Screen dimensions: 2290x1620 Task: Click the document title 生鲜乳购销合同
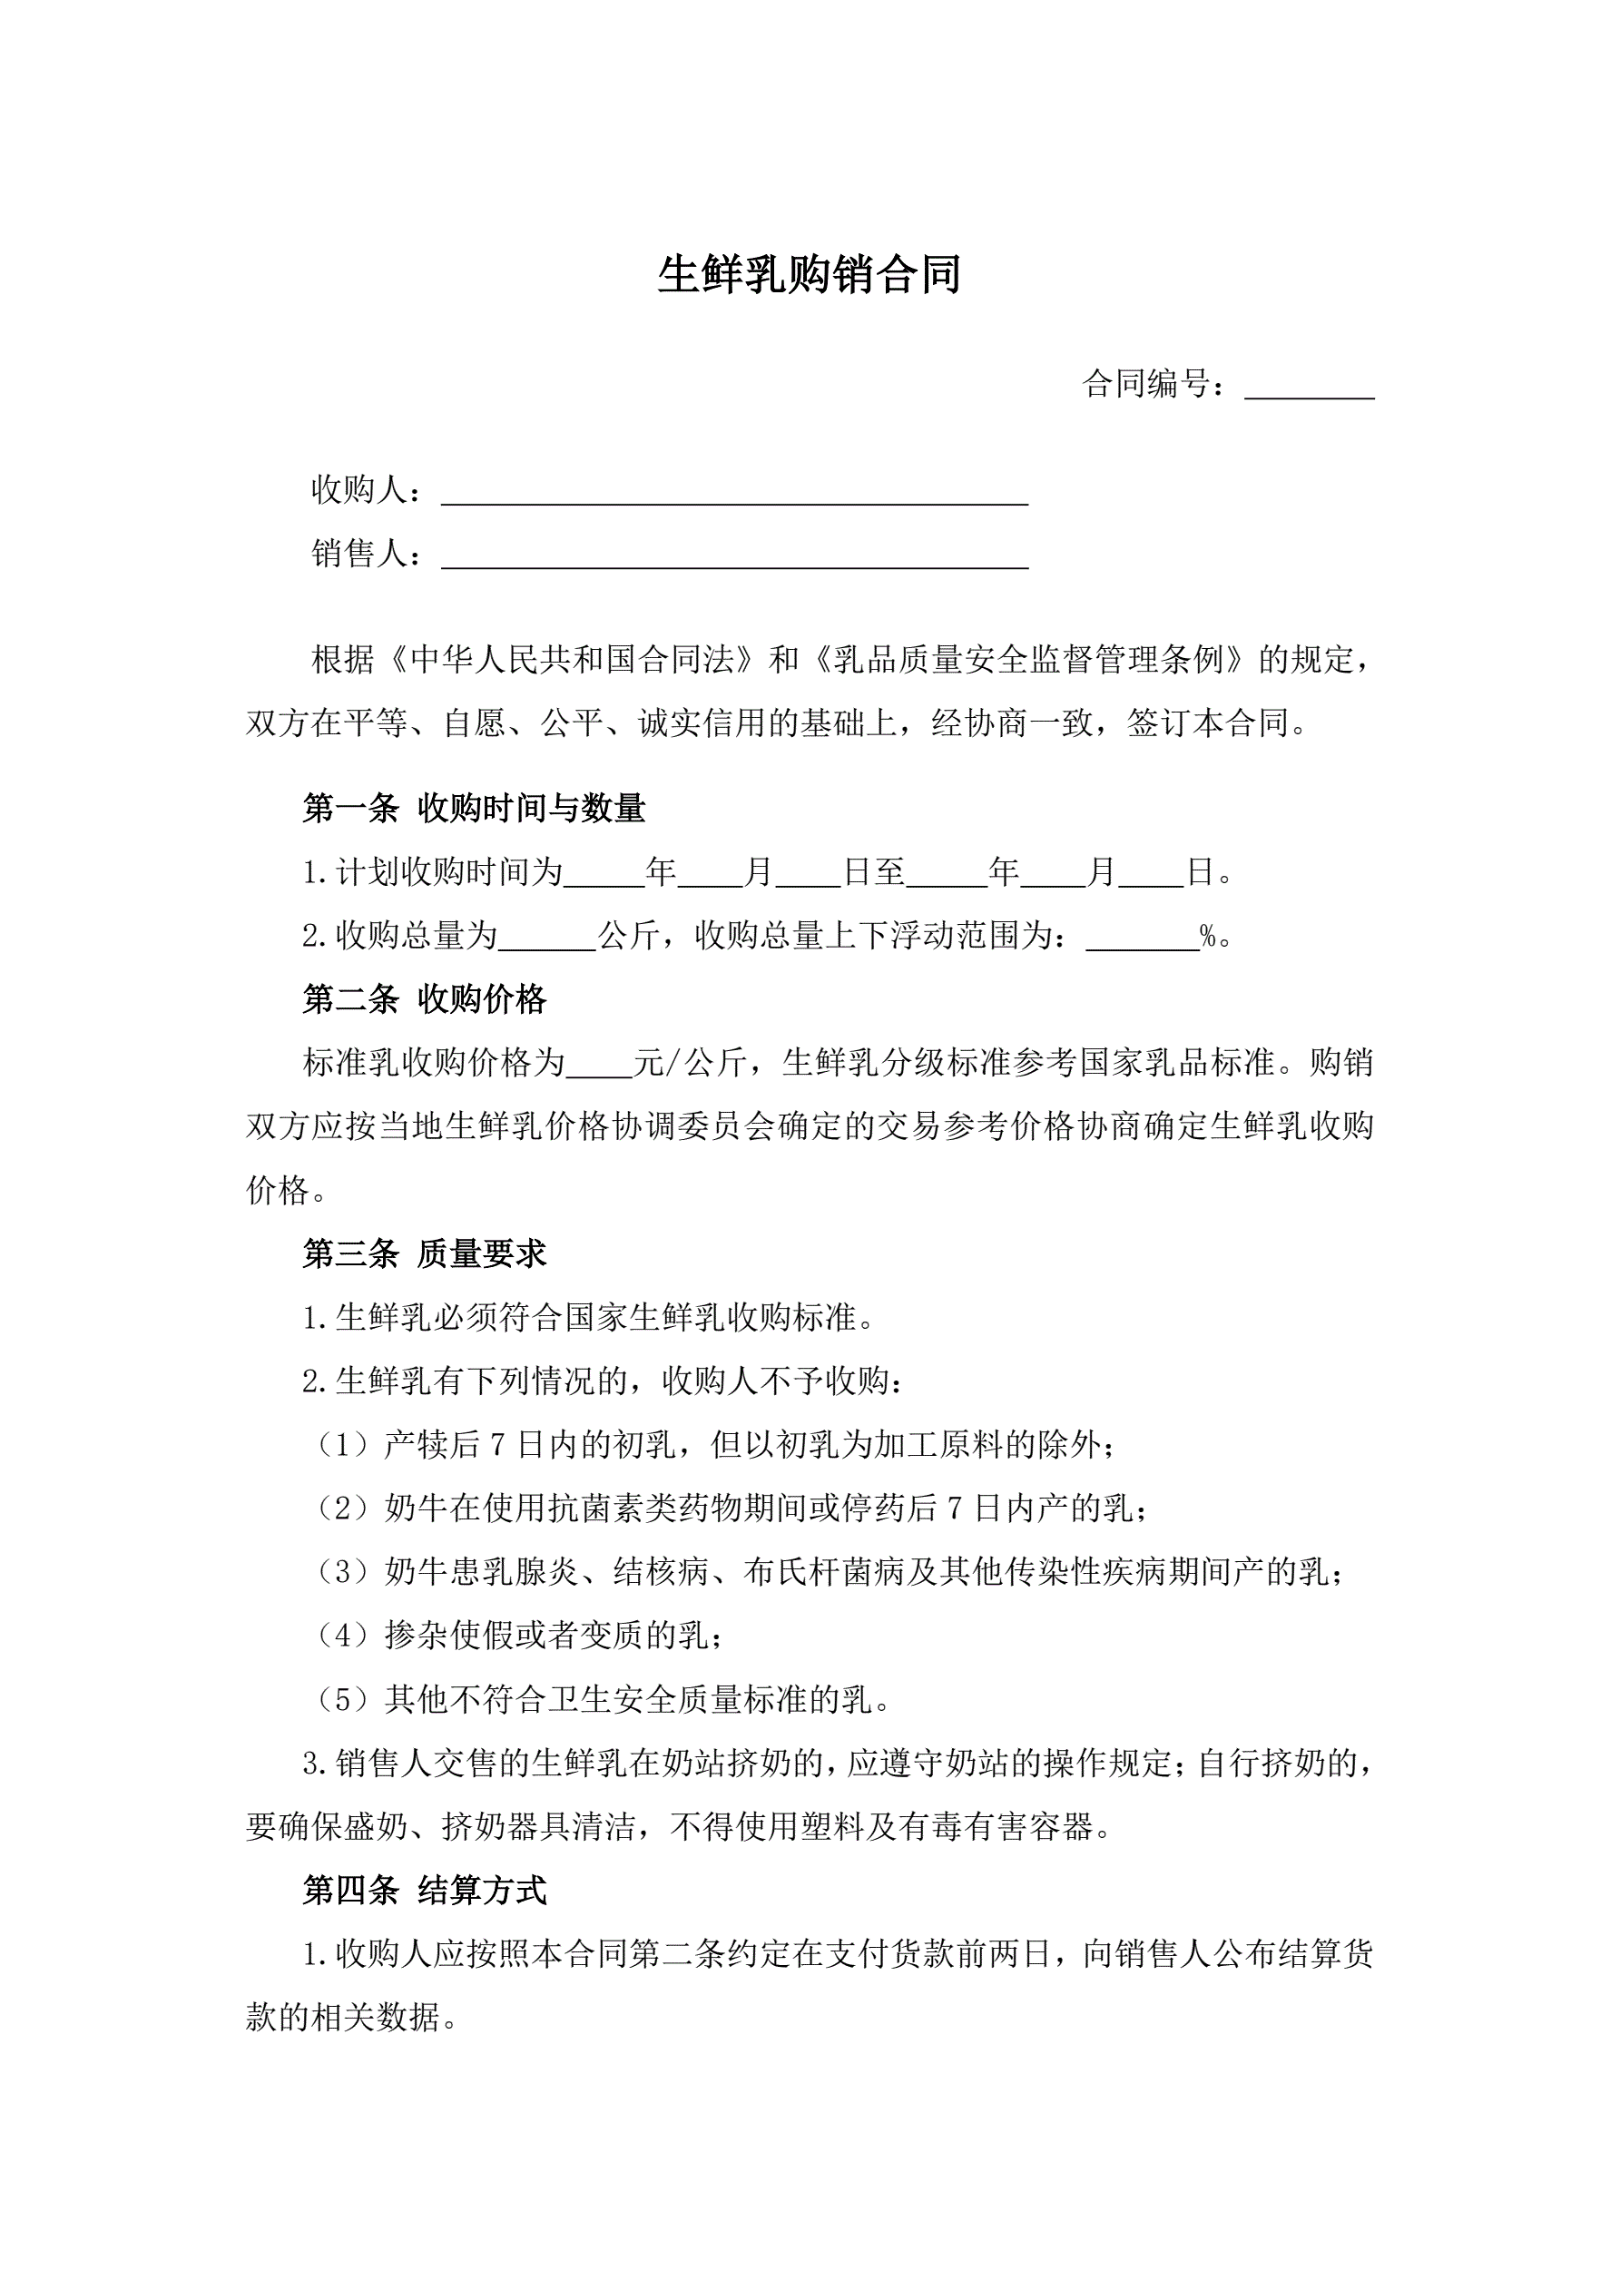click(809, 275)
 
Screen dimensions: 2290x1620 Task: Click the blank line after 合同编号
click(1309, 387)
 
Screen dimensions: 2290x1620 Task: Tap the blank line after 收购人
click(734, 494)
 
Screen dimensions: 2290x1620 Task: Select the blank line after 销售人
click(734, 556)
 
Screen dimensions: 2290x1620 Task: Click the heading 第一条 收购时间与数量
click(474, 808)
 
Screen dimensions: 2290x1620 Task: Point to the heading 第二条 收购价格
click(424, 999)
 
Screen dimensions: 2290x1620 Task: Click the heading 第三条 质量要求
click(424, 1253)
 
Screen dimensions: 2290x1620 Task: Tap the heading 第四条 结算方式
click(424, 1890)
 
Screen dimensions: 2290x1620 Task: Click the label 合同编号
click(1155, 384)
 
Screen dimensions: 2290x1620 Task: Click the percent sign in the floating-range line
click(1208, 937)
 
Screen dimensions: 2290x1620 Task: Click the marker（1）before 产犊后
click(344, 1445)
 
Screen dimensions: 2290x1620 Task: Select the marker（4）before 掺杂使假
click(344, 1636)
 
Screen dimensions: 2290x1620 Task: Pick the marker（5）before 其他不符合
click(344, 1699)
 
